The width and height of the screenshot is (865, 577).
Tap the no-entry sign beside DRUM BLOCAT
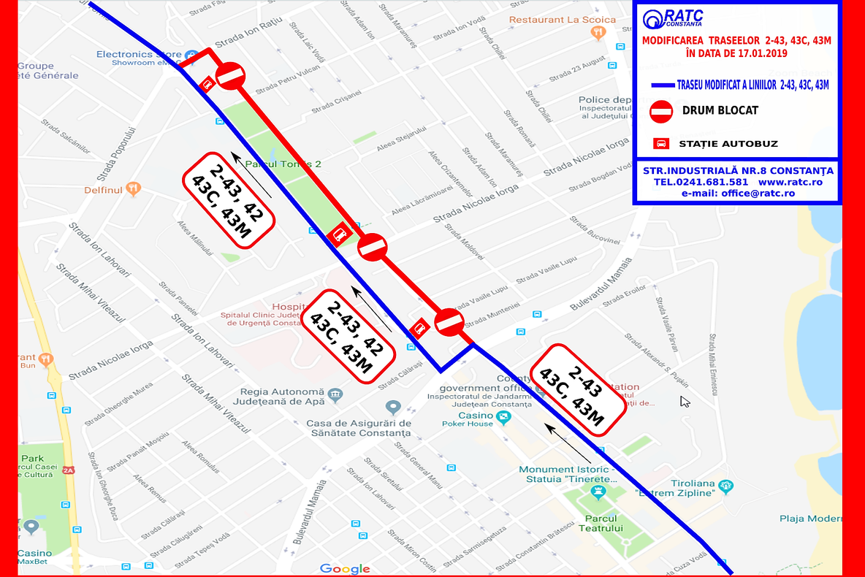[660, 112]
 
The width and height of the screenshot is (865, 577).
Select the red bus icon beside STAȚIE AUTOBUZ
[660, 143]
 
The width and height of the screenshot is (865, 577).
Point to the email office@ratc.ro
[738, 194]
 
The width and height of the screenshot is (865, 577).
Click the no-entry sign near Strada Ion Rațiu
[231, 75]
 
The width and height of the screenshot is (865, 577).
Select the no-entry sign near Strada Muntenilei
[449, 321]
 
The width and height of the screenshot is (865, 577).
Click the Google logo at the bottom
[345, 568]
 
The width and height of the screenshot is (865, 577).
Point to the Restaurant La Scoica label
[563, 20]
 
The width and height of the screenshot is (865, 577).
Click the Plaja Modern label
[811, 519]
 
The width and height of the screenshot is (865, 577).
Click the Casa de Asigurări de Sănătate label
[359, 428]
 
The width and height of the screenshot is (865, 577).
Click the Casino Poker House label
[468, 419]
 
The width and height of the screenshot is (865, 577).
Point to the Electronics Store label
[139, 54]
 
